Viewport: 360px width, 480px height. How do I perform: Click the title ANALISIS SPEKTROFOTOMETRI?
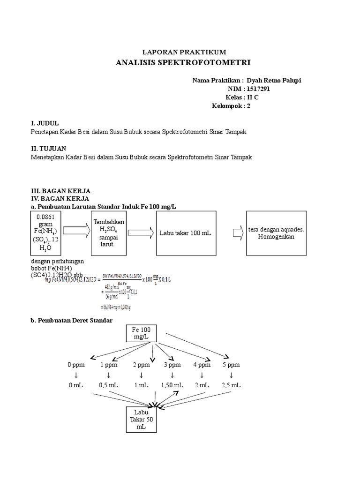pyautogui.click(x=183, y=62)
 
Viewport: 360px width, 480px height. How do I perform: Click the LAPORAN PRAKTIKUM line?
pyautogui.click(x=184, y=52)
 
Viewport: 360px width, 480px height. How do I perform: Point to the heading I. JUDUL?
pyautogui.click(x=45, y=123)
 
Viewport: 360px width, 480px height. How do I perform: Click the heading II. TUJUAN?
pyautogui.click(x=48, y=148)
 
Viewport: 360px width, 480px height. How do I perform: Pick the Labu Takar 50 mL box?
pyautogui.click(x=142, y=419)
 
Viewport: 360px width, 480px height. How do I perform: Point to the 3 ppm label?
pyautogui.click(x=172, y=365)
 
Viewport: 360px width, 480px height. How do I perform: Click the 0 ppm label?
pyautogui.click(x=76, y=365)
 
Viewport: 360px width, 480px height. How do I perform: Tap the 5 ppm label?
pyautogui.click(x=231, y=365)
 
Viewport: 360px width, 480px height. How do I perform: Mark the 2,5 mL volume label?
pyautogui.click(x=231, y=385)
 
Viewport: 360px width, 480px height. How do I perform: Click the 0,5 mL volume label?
pyautogui.click(x=108, y=385)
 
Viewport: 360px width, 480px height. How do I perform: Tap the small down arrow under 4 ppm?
pyautogui.click(x=202, y=375)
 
